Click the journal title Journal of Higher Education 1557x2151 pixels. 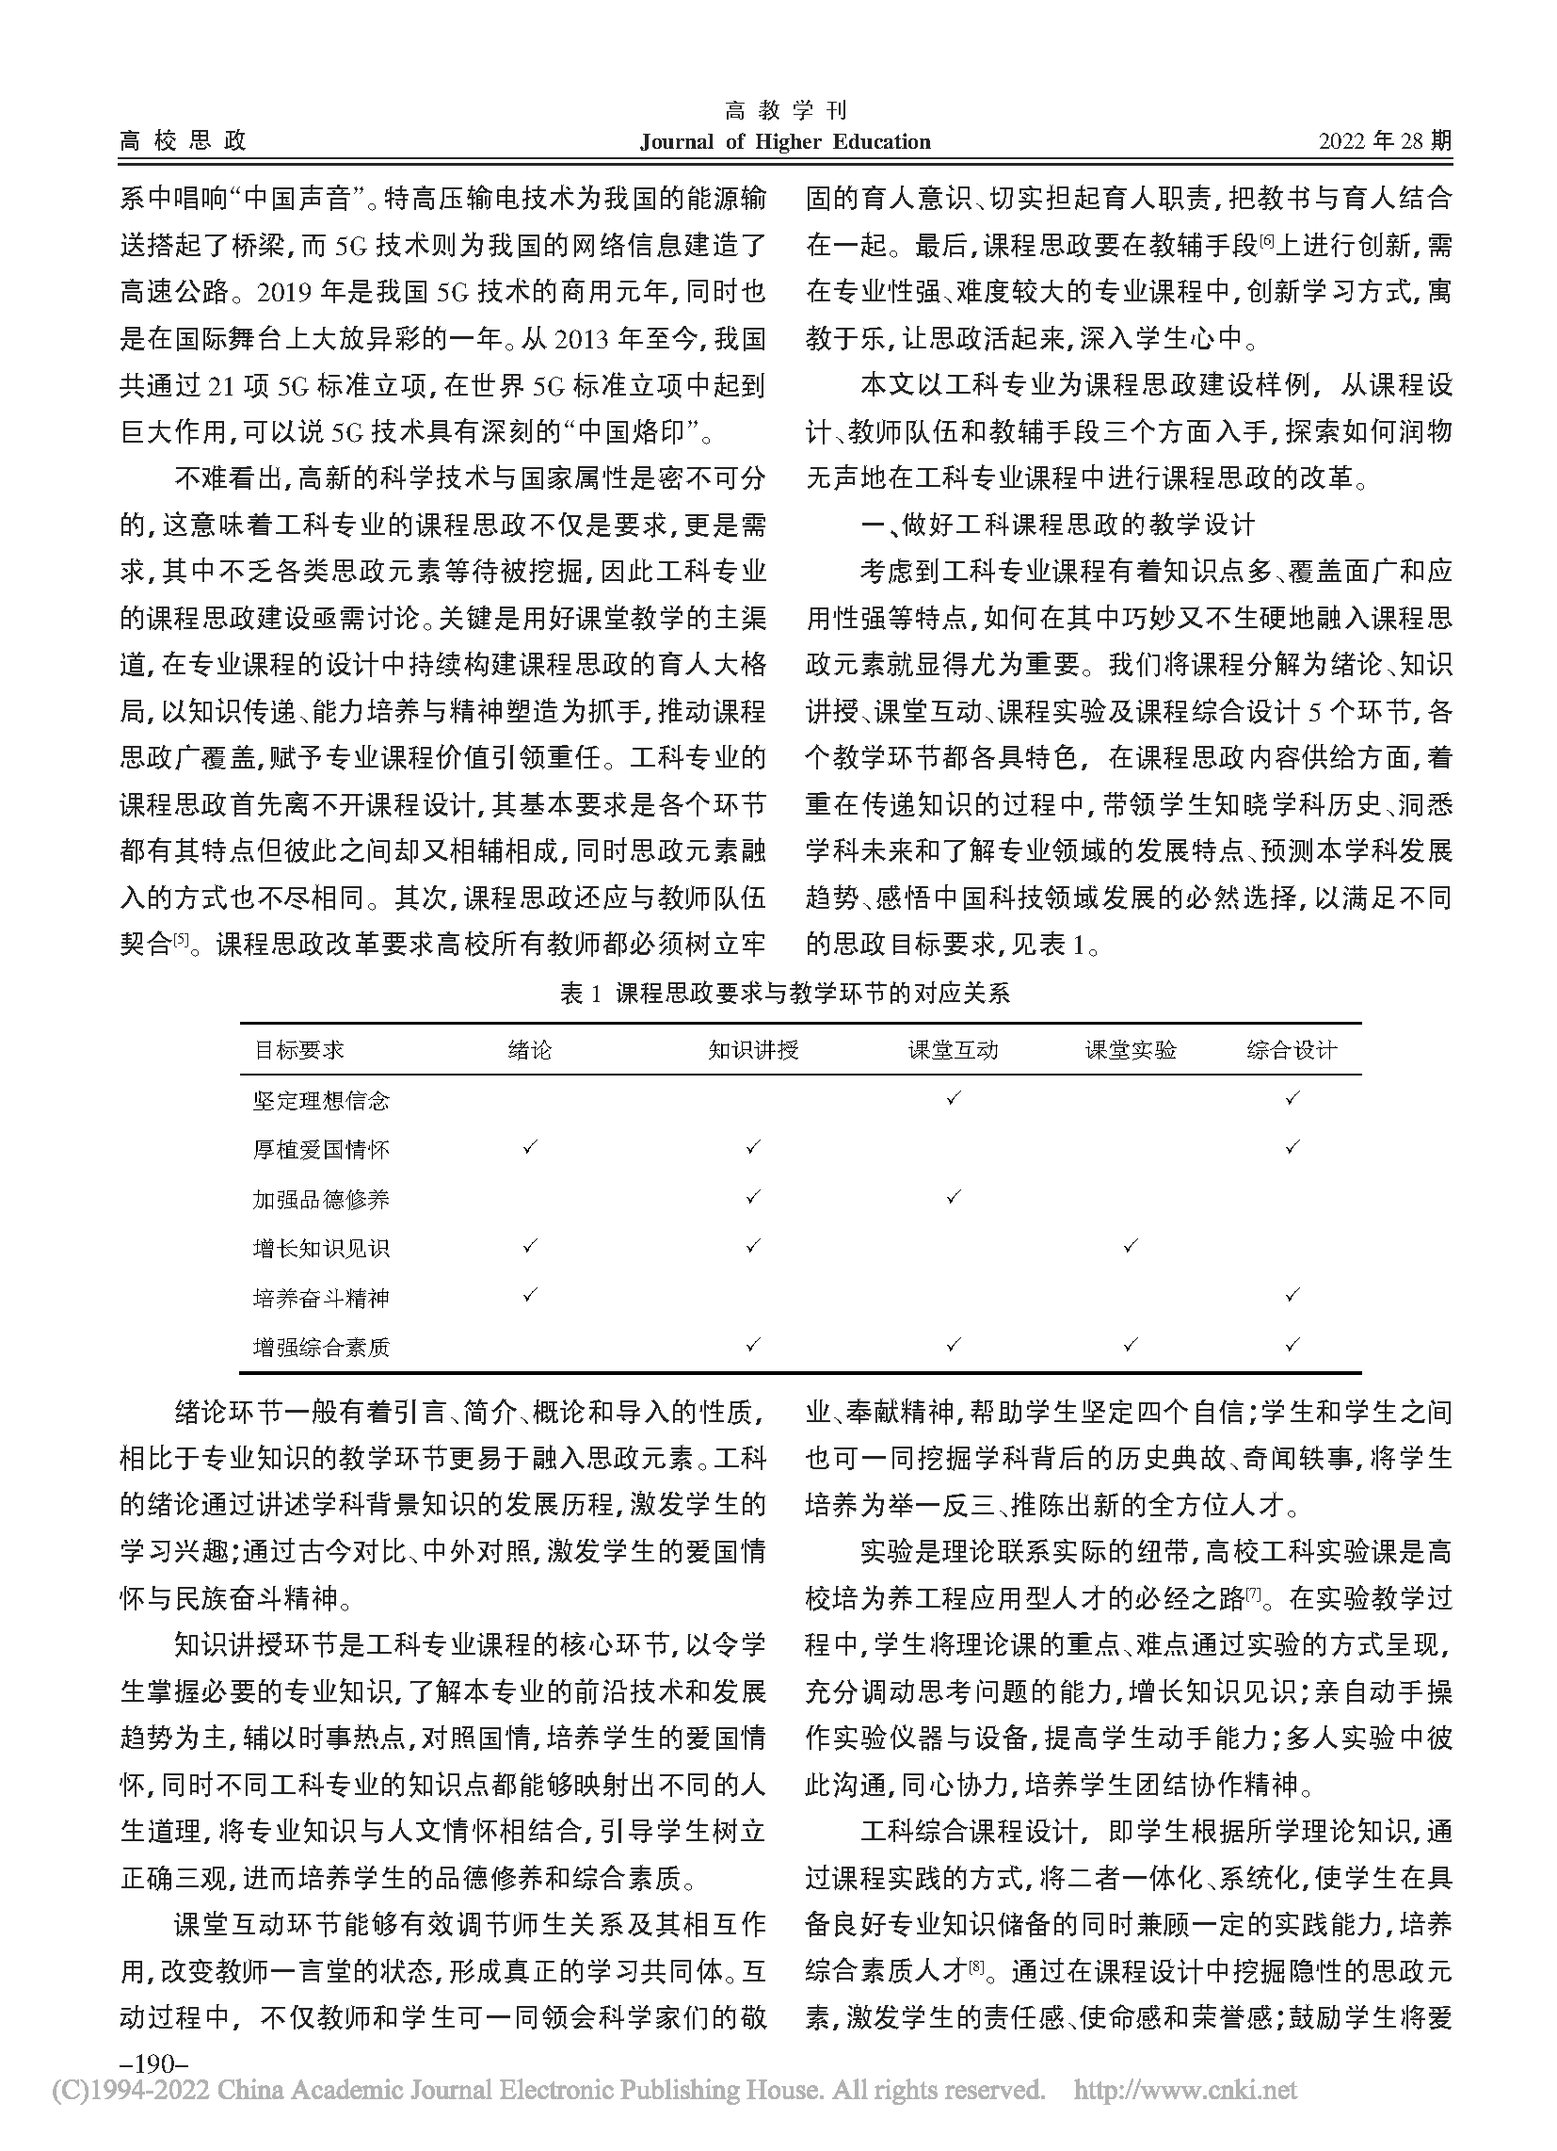coord(784,142)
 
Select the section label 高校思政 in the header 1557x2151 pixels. coord(183,141)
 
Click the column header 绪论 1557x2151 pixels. coord(529,1050)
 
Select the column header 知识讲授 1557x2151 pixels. coord(753,1050)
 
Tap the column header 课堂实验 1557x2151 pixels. coord(1130,1050)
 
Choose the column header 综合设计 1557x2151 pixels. coord(1292,1050)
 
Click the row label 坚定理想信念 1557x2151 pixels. coord(321,1100)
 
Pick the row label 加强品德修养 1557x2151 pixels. coord(321,1199)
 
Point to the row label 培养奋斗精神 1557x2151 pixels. coord(321,1298)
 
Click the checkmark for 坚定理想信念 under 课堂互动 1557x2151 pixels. coord(953,1098)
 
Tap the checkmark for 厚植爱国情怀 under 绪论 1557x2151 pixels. coord(529,1148)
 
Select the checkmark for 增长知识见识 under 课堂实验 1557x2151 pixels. coord(1130,1246)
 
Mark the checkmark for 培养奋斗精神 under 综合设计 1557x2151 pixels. coord(1292,1296)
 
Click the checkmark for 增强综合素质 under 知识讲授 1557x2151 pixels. coord(753,1345)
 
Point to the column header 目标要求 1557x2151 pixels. coord(298,1050)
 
